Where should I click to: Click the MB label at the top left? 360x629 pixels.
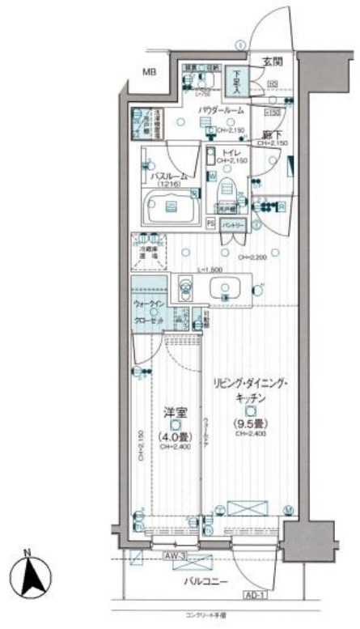click(x=149, y=73)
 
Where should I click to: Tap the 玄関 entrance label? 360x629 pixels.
click(x=271, y=61)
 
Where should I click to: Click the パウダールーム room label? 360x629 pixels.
click(x=222, y=112)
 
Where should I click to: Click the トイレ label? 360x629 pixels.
click(x=235, y=151)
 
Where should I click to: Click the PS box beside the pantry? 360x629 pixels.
click(x=210, y=223)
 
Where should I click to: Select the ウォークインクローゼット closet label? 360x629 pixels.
click(x=148, y=310)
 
